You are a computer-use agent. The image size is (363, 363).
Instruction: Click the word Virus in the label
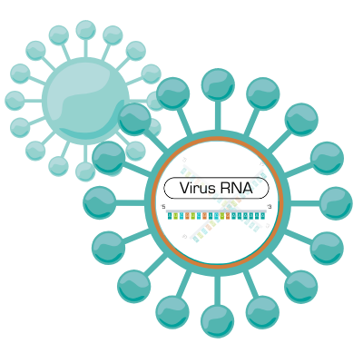(x=198, y=188)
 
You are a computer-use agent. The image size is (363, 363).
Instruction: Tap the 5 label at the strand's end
(x=163, y=207)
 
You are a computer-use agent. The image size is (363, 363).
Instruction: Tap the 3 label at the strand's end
(x=270, y=207)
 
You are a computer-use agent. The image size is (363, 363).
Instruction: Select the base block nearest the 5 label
(x=170, y=216)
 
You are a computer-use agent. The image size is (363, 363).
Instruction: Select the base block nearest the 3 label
(x=262, y=216)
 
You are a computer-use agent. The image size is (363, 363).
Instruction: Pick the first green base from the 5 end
(x=175, y=216)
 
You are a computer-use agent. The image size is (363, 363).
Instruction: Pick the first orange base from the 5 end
(x=187, y=216)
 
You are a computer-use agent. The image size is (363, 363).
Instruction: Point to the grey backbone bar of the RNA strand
(x=216, y=211)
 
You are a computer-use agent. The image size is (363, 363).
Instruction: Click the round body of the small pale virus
(x=85, y=99)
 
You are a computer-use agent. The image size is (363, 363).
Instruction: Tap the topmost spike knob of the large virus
(x=218, y=84)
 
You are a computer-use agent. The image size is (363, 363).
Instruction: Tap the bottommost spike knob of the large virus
(x=218, y=321)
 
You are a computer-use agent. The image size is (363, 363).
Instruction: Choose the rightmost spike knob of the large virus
(x=336, y=203)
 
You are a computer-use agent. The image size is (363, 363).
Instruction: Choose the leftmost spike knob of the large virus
(x=99, y=202)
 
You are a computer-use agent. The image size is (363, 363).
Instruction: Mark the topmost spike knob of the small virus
(x=85, y=30)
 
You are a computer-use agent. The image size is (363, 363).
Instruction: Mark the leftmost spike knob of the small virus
(x=15, y=101)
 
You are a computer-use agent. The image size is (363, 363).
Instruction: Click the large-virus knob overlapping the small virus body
(x=134, y=119)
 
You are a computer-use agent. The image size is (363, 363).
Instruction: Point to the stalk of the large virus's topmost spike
(x=218, y=116)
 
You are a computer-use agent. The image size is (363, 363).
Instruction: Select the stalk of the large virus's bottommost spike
(x=218, y=290)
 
